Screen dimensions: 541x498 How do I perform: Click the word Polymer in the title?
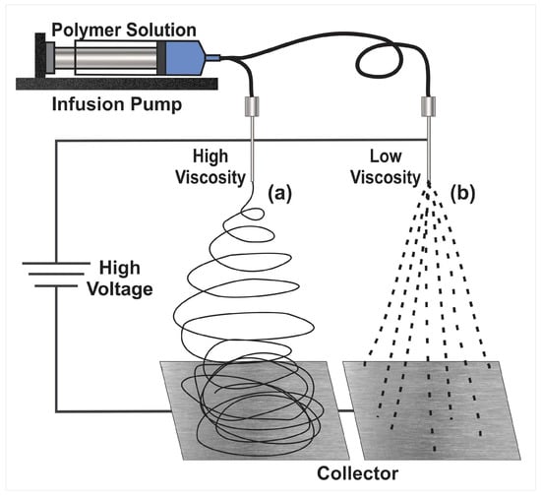click(x=87, y=31)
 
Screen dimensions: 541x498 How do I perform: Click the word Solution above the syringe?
click(x=160, y=30)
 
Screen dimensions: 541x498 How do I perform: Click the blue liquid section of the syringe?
click(x=184, y=58)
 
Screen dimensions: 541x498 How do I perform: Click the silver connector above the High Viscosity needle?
click(x=252, y=106)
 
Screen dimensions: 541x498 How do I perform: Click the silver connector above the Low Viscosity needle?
click(x=428, y=106)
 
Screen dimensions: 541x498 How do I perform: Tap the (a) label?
click(x=279, y=193)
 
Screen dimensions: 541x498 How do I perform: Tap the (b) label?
click(x=462, y=193)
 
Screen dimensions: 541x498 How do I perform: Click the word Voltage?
click(x=120, y=289)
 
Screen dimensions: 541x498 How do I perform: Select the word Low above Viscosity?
click(x=386, y=156)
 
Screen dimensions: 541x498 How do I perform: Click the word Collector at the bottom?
click(x=357, y=473)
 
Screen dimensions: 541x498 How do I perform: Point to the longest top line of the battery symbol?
click(x=56, y=264)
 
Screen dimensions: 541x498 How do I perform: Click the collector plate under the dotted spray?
click(x=431, y=410)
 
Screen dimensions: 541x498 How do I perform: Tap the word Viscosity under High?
click(x=210, y=178)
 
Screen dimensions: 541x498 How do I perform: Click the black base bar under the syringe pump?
click(x=117, y=84)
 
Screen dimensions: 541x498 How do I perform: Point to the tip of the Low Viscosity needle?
click(x=428, y=180)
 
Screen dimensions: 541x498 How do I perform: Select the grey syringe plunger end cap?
click(x=49, y=58)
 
